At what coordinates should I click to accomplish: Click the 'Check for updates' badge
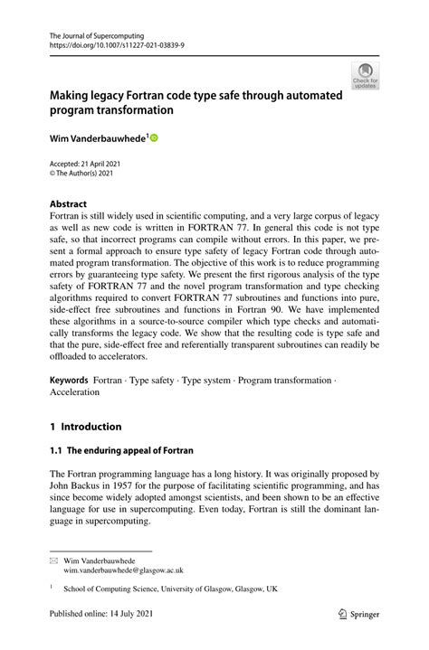(365, 75)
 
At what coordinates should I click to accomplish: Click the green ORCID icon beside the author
(154, 137)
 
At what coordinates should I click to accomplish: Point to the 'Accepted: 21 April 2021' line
(84, 163)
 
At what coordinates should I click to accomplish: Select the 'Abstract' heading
(69, 204)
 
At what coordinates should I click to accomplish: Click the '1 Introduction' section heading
(85, 427)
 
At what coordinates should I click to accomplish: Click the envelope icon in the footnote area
(52, 561)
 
